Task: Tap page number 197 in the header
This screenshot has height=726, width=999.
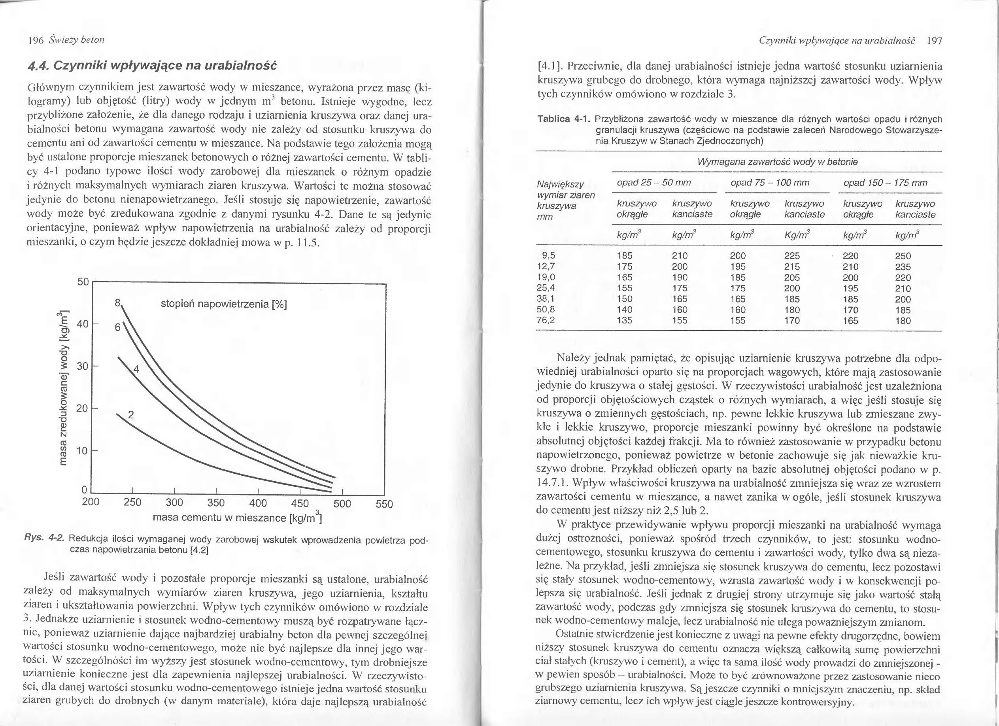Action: click(934, 42)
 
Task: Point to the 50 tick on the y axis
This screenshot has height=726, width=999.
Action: click(83, 282)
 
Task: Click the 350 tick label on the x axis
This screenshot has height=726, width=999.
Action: click(216, 503)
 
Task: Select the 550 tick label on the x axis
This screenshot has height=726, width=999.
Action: click(384, 504)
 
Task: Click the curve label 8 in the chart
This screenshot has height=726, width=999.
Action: click(117, 303)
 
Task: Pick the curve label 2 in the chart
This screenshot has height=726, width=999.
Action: click(131, 414)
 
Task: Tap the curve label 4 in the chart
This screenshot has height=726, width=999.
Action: click(136, 370)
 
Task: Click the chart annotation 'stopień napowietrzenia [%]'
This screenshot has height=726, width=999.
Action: click(224, 304)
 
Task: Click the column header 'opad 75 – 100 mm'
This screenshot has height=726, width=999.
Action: click(770, 183)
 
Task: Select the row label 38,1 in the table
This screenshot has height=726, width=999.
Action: click(546, 299)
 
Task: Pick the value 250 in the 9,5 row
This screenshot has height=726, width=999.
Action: click(903, 256)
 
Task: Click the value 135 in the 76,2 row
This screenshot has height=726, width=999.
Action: click(625, 321)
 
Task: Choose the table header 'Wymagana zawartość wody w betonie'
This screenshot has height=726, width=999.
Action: click(778, 162)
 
